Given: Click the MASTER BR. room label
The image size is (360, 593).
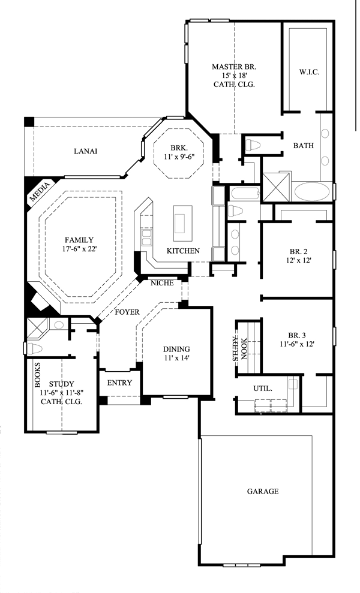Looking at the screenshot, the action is click(234, 67).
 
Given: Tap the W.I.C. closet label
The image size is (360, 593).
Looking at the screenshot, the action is click(309, 71).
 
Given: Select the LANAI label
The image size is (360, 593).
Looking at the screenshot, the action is click(86, 151).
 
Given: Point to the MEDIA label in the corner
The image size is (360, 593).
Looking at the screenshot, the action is click(40, 192).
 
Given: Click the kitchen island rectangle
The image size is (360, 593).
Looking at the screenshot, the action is click(183, 224).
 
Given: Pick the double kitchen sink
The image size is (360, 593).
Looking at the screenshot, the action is click(146, 238).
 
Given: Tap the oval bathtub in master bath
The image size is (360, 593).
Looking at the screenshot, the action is click(312, 192).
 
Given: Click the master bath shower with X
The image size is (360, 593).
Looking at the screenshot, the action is click(277, 186).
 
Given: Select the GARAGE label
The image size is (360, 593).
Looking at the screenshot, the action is click(263, 491).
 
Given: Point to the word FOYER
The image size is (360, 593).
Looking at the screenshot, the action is click(127, 312).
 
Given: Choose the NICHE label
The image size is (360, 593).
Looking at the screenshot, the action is click(162, 283).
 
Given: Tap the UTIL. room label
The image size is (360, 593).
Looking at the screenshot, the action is click(263, 389).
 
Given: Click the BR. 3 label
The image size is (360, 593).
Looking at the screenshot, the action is click(297, 335).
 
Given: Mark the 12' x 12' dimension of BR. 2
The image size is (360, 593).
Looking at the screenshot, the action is click(299, 260).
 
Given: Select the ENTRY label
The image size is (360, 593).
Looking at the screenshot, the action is click(119, 383).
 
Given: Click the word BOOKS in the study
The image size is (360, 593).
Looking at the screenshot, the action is click(37, 375).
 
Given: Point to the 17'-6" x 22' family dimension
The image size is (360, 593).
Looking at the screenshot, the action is click(79, 249).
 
